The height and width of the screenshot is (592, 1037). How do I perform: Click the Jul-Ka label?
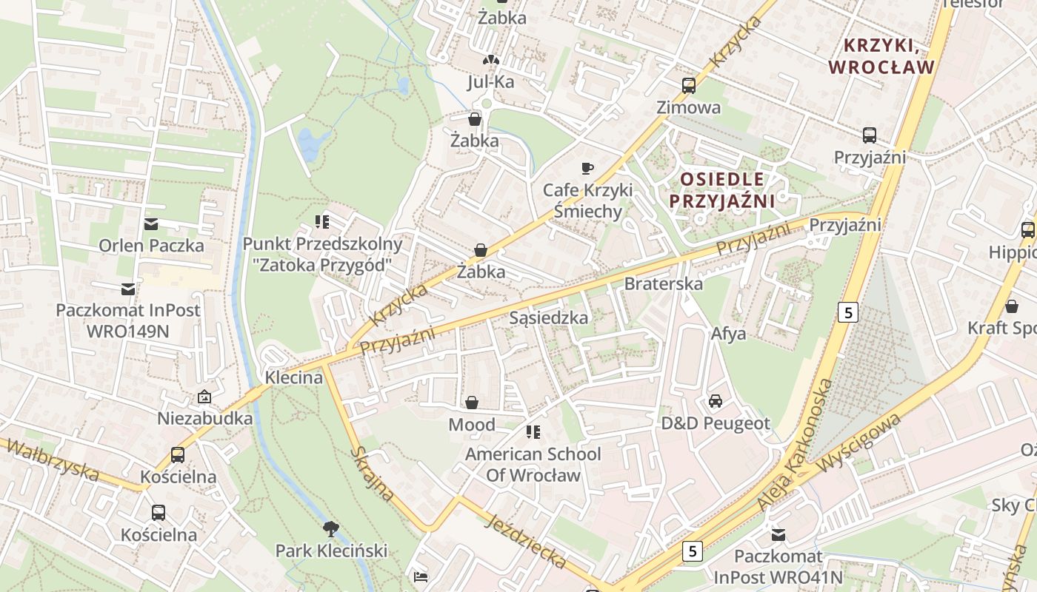[x=490, y=81]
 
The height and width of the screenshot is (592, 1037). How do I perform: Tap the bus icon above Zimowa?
[x=689, y=85]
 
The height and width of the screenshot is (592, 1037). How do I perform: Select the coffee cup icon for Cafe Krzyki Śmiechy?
[x=587, y=168]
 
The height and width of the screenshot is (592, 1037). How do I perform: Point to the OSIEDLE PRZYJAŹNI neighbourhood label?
[x=721, y=190]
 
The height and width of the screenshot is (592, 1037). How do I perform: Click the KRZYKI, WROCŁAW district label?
[x=881, y=57]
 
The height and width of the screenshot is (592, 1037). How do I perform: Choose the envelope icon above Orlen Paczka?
[x=151, y=224]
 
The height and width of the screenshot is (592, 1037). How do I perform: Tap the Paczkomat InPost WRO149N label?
[x=128, y=320]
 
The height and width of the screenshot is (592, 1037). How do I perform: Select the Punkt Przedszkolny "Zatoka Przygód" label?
[x=323, y=254]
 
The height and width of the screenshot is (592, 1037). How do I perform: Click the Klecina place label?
[x=294, y=377]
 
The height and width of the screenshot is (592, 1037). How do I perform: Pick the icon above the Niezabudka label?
[x=204, y=397]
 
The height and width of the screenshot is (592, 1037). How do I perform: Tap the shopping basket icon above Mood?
[x=472, y=403]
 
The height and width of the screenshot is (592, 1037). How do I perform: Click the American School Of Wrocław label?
[x=533, y=464]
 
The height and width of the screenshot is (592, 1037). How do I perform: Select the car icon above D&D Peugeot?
[x=716, y=401]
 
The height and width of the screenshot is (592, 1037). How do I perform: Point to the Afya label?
[x=728, y=334]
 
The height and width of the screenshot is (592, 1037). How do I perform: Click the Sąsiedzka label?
[x=549, y=317]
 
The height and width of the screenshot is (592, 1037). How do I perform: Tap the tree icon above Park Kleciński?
[x=331, y=528]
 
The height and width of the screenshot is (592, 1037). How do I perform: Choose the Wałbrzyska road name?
[x=50, y=459]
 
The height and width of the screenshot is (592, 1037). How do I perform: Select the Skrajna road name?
[x=371, y=473]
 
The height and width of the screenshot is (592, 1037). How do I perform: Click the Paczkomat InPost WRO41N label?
[x=778, y=566]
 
